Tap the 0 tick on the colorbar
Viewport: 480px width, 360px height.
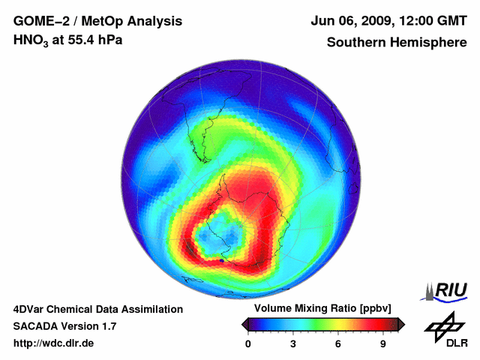click(x=248, y=344)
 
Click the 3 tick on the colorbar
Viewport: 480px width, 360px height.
click(x=293, y=344)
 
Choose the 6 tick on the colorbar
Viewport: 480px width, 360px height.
click(x=338, y=344)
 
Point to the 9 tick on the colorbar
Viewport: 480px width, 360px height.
click(x=383, y=344)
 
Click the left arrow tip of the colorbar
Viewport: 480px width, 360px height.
click(x=244, y=324)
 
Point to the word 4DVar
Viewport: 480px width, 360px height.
click(x=31, y=309)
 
